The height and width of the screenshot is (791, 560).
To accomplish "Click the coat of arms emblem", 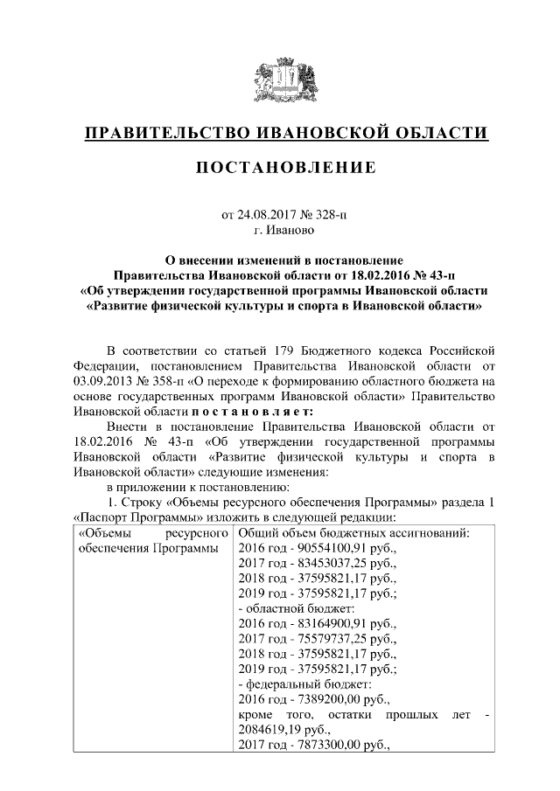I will [x=279, y=80].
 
